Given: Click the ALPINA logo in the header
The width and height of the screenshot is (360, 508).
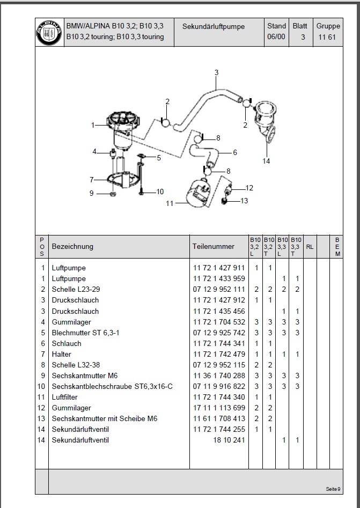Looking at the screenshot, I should click(x=49, y=32).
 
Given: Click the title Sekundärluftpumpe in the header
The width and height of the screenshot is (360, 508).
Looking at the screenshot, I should click(x=214, y=26).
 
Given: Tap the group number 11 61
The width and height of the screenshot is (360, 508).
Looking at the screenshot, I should click(x=328, y=37).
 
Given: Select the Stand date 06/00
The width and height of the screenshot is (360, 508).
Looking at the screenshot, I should click(x=276, y=37).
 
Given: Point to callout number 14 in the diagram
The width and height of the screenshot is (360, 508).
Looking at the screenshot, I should click(x=267, y=160).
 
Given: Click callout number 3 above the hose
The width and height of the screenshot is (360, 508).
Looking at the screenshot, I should click(x=216, y=72).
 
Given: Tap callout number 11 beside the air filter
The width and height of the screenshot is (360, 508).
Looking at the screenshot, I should click(x=170, y=203).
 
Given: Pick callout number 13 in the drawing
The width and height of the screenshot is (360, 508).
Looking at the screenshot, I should click(x=245, y=201).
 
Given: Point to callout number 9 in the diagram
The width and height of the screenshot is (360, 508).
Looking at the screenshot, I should click(x=92, y=193).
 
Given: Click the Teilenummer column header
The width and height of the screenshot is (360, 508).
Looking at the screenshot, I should click(x=213, y=247).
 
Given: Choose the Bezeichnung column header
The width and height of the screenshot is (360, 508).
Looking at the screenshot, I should click(x=72, y=247).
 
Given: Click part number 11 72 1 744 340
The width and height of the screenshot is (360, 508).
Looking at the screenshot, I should click(x=218, y=397).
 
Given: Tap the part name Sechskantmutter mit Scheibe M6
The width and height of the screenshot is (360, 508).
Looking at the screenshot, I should click(x=104, y=418).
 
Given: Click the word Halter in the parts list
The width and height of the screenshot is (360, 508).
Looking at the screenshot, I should click(x=62, y=354).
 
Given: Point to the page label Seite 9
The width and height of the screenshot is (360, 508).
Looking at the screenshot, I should click(x=332, y=489).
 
